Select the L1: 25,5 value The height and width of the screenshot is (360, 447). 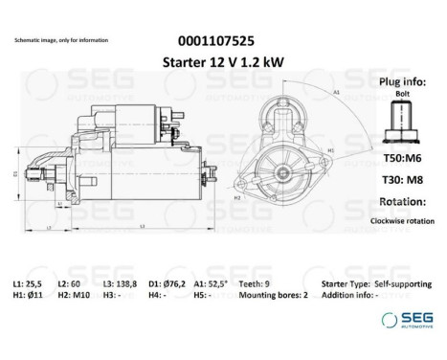[34, 284]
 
